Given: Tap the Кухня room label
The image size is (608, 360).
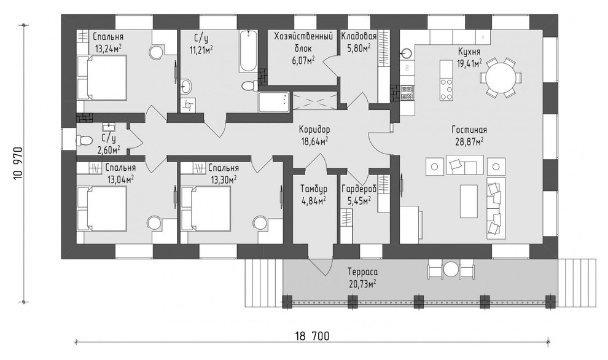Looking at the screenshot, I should click(x=469, y=52).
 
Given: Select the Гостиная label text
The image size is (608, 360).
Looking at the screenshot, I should click(x=469, y=130).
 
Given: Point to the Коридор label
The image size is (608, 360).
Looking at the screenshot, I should click(x=314, y=130).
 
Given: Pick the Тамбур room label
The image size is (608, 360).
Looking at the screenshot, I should click(x=313, y=189).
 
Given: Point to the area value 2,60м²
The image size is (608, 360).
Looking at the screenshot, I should click(x=109, y=149).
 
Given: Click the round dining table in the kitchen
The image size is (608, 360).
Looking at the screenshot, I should click(x=500, y=77).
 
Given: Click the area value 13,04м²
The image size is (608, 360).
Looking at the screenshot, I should click(x=120, y=179).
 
